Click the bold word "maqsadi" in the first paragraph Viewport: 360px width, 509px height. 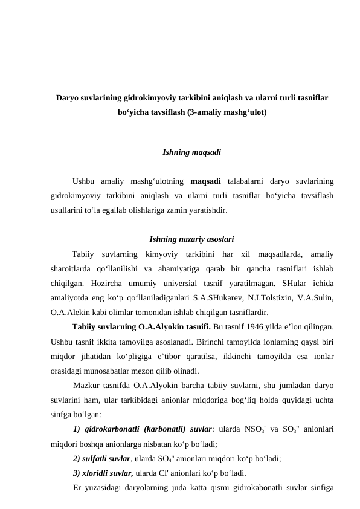[206, 181]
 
